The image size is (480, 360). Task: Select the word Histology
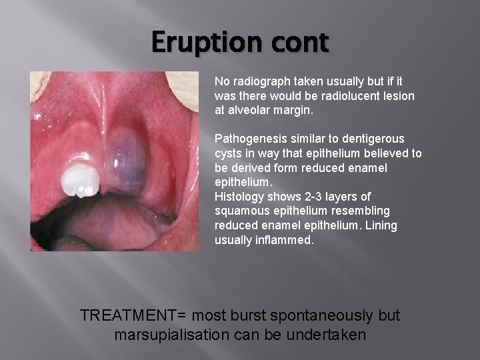pyautogui.click(x=239, y=196)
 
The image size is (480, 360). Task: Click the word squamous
pyautogui.click(x=242, y=211)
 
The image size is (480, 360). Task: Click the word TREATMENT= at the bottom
pyautogui.click(x=134, y=315)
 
